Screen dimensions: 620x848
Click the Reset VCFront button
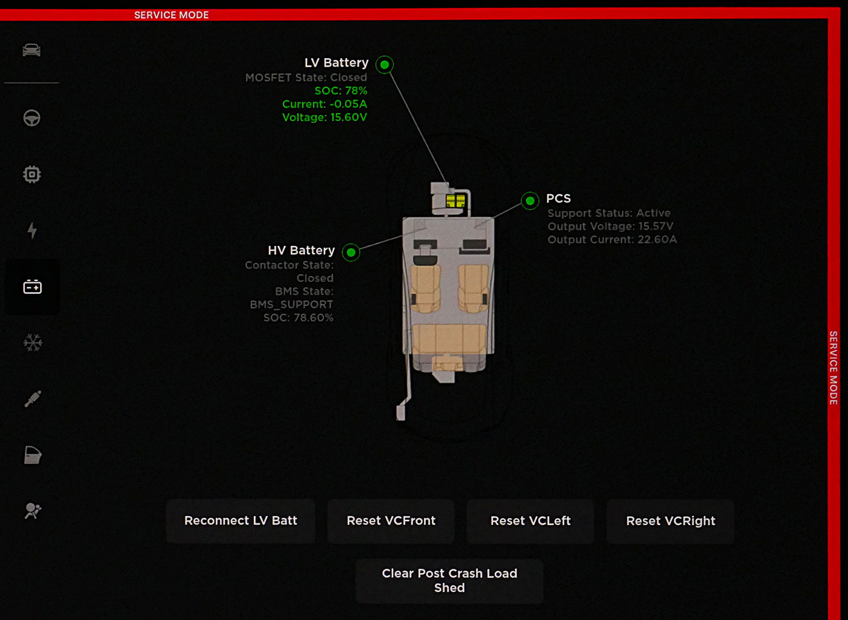pos(391,521)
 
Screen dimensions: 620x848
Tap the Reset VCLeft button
pos(530,521)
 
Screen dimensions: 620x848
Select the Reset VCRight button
pos(670,521)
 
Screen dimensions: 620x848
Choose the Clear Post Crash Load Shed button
pos(449,580)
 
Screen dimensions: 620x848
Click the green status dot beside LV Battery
pos(384,64)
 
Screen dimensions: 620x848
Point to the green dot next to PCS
pos(530,201)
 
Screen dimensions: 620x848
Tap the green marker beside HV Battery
pos(351,252)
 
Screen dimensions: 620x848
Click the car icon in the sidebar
pos(32,50)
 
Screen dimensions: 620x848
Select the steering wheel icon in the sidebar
pos(32,118)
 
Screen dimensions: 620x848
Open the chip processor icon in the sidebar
pos(32,174)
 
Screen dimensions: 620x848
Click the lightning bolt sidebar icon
pos(32,230)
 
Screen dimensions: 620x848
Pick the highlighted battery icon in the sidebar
pos(32,287)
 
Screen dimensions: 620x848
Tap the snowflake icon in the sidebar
pos(32,343)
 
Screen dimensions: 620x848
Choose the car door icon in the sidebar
pos(32,455)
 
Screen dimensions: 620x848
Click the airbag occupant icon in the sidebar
pos(32,511)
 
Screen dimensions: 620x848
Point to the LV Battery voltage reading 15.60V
pos(325,118)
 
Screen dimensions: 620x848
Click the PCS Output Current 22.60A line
pos(612,240)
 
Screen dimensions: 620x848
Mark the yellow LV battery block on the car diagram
pos(455,201)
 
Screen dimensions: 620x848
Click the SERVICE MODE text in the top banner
pos(171,15)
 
